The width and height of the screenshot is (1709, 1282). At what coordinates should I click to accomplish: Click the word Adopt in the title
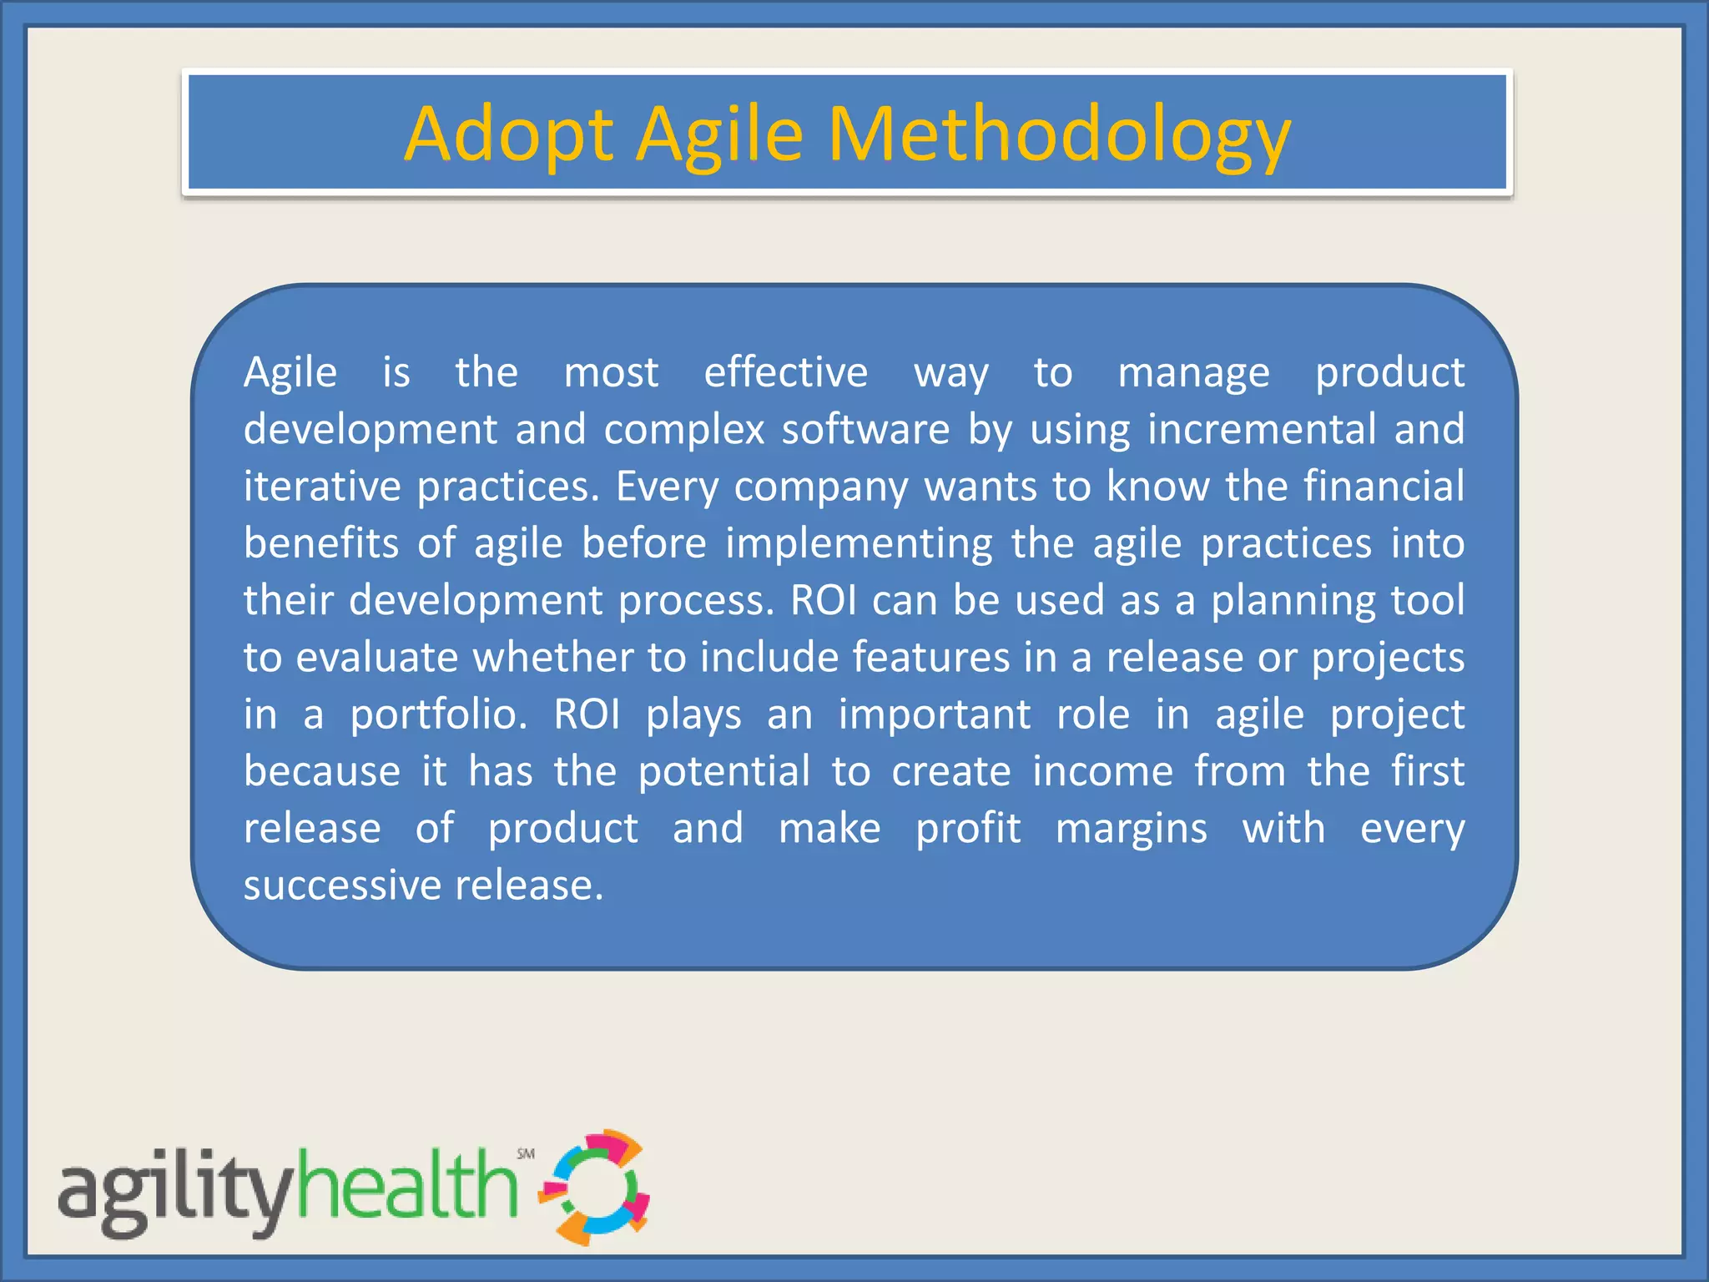pyautogui.click(x=508, y=134)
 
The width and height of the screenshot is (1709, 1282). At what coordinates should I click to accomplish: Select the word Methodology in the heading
pyautogui.click(x=1059, y=134)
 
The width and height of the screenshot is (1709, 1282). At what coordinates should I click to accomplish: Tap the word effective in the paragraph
pyautogui.click(x=785, y=372)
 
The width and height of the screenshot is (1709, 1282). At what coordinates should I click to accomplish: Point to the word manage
pyautogui.click(x=1193, y=372)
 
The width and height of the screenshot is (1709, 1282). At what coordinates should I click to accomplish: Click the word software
pyautogui.click(x=865, y=429)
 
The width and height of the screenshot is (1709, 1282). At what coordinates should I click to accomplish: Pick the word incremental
pyautogui.click(x=1261, y=429)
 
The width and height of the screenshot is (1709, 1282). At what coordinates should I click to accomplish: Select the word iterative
pyautogui.click(x=322, y=486)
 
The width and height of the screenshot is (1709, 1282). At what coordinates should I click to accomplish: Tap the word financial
pyautogui.click(x=1384, y=486)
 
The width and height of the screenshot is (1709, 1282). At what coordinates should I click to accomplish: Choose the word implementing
pyautogui.click(x=859, y=544)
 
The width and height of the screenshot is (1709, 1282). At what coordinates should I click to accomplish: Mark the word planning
pyautogui.click(x=1293, y=601)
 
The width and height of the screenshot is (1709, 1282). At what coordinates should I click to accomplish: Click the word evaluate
pyautogui.click(x=376, y=658)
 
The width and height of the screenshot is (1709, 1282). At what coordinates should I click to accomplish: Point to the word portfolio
pyautogui.click(x=438, y=715)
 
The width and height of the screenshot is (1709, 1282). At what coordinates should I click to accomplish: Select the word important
pyautogui.click(x=934, y=715)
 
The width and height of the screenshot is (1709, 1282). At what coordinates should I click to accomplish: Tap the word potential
pyautogui.click(x=723, y=771)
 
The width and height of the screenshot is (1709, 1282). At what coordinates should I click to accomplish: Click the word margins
pyautogui.click(x=1131, y=830)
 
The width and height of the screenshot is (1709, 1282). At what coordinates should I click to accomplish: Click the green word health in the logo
pyautogui.click(x=406, y=1185)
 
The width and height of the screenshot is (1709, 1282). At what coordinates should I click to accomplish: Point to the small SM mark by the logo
pyautogui.click(x=526, y=1153)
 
